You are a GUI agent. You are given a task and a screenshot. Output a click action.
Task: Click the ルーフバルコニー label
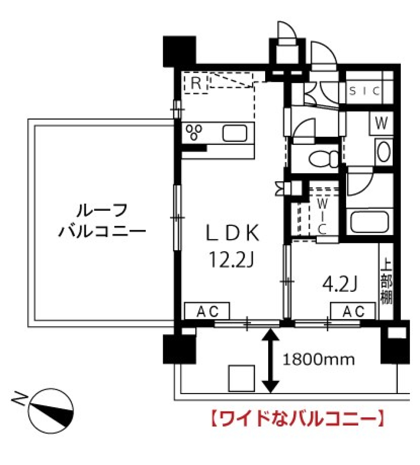tap(101, 220)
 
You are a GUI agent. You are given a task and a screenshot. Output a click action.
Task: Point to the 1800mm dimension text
tap(318, 360)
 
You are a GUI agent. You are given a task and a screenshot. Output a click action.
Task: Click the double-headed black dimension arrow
tap(271, 360)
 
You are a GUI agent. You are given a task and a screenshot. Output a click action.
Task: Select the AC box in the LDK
tap(206, 311)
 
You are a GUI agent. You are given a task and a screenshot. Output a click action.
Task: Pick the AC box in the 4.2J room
tap(353, 311)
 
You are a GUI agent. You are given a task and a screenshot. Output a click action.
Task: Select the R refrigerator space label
tap(196, 83)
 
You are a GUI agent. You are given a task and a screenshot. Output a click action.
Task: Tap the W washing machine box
tap(381, 124)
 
